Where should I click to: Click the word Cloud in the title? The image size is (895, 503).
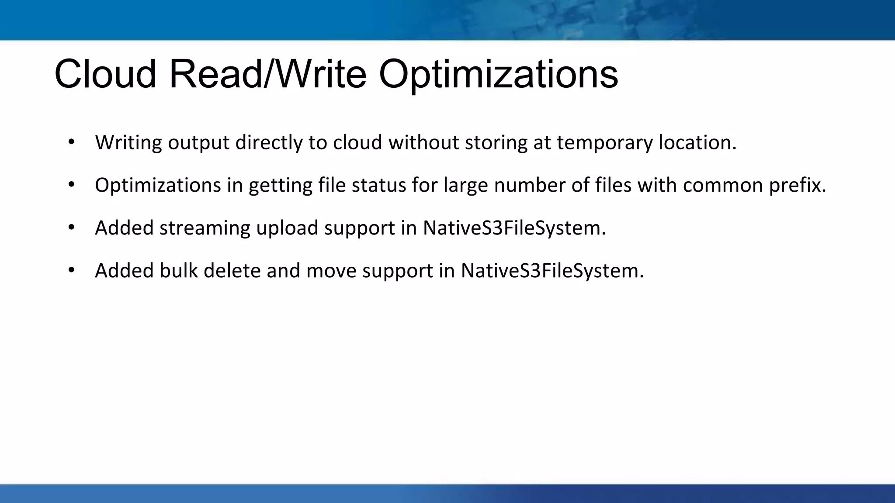click(105, 74)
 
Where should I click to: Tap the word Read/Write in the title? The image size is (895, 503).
click(267, 74)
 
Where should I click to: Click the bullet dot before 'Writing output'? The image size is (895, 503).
click(72, 141)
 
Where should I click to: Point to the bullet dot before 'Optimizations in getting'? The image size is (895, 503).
click(72, 184)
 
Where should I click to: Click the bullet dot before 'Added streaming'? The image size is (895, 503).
click(72, 227)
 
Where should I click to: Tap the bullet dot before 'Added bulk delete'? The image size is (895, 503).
click(72, 270)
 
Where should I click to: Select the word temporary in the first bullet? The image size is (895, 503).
click(604, 143)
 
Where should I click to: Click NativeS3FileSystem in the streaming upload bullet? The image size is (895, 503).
click(514, 228)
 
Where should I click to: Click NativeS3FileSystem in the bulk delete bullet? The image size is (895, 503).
click(552, 271)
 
